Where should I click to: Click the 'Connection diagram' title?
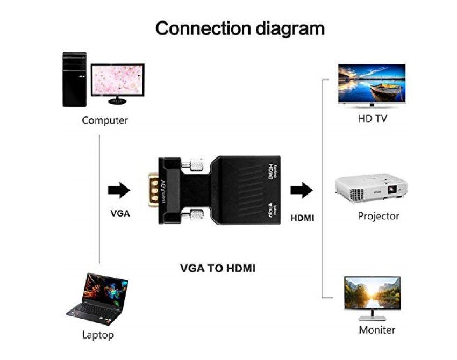240,28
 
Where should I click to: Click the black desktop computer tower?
74,79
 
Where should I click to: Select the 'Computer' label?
105,120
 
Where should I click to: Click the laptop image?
98,297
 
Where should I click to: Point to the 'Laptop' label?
98,335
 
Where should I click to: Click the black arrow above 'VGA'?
119,190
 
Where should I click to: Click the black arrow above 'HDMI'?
302,190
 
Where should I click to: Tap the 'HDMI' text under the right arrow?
302,218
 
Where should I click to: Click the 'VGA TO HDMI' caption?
217,268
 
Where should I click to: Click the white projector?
371,188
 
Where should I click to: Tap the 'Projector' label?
379,216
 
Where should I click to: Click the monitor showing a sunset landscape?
372,293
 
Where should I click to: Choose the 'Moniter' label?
377,329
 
